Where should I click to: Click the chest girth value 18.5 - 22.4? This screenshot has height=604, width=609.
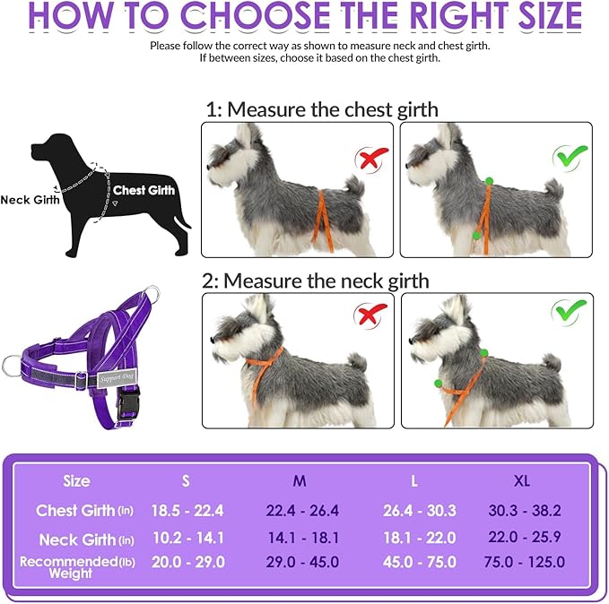pos(187,511)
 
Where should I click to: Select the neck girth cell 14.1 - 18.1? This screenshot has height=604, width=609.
pos(303,538)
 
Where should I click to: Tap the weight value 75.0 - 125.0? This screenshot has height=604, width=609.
pos(525,562)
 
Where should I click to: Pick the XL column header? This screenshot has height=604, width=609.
pos(522,481)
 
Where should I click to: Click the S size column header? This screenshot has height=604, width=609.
pos(186,481)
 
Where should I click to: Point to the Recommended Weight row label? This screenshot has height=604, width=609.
pos(77,567)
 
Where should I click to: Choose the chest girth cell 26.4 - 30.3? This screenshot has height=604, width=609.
pos(420,511)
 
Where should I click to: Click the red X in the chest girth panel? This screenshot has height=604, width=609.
pos(371,159)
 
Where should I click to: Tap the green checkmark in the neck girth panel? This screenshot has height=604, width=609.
pos(569,311)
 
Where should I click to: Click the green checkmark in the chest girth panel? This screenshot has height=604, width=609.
pos(570,157)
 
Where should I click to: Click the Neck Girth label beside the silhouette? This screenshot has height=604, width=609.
pos(30,200)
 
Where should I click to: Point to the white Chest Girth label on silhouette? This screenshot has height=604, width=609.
pos(144,190)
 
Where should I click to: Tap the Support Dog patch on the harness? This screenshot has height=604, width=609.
pos(116,377)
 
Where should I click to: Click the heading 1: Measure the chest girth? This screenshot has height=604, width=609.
pos(322,109)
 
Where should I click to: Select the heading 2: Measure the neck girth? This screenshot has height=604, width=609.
pos(315,280)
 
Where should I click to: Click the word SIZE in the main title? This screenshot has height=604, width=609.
pos(551,16)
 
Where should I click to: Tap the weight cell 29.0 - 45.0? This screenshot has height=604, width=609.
pos(302,562)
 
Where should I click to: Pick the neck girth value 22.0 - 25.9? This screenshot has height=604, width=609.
pos(525,537)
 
